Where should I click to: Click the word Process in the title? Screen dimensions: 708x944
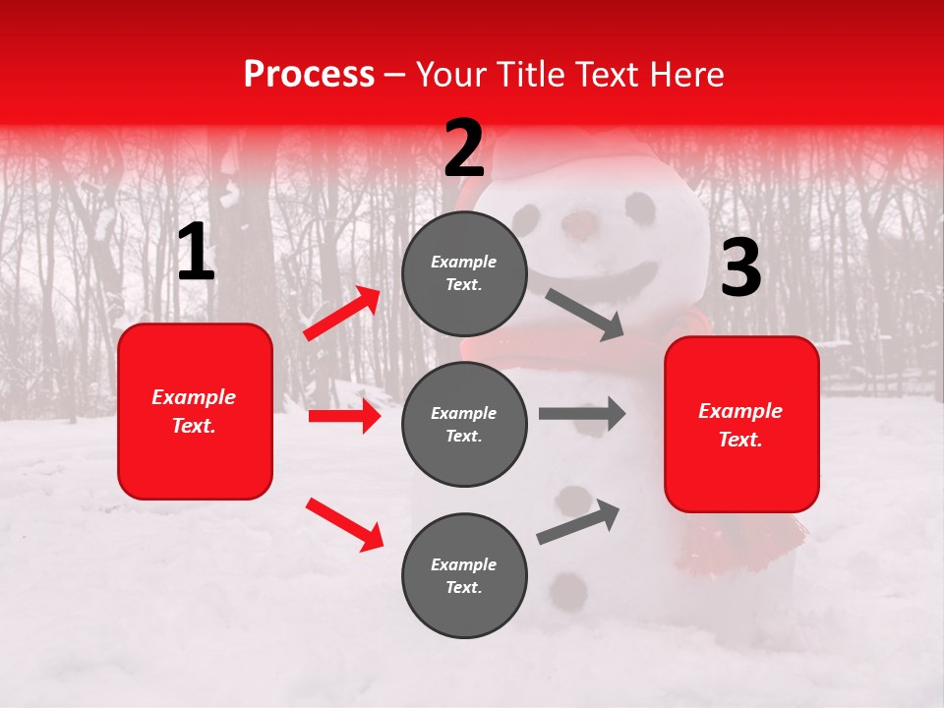click(x=309, y=75)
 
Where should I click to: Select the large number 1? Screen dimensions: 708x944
click(x=196, y=253)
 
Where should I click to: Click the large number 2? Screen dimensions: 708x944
click(x=464, y=148)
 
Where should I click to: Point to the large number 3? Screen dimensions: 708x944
click(x=740, y=267)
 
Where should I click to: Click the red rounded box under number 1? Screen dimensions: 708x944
click(x=195, y=411)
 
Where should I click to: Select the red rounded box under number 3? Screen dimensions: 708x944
click(x=741, y=425)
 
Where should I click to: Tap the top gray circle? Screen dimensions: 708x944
click(x=464, y=273)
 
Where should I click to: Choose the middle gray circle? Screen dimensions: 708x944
click(x=464, y=425)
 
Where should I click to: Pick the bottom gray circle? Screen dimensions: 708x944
click(x=464, y=576)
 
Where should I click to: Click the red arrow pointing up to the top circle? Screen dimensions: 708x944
click(x=342, y=314)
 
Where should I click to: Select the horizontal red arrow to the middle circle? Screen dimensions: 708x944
click(x=344, y=417)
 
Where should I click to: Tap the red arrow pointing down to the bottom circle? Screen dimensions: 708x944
click(x=344, y=524)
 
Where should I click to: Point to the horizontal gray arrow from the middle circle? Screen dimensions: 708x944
click(x=581, y=414)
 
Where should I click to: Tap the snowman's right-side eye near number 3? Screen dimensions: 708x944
click(x=640, y=207)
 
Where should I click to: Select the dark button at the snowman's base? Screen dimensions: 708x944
click(x=567, y=590)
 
